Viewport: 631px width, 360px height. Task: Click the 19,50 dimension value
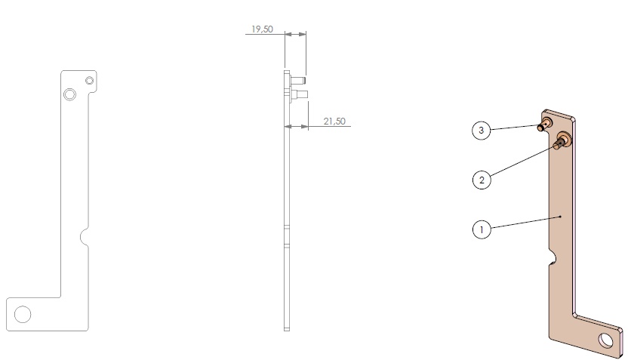[x=262, y=29]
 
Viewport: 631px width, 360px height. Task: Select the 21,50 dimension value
[x=334, y=121]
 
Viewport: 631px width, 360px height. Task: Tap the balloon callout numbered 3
[x=482, y=131]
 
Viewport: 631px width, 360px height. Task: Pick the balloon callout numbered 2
[x=482, y=180]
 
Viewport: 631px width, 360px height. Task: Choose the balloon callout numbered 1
[x=482, y=229]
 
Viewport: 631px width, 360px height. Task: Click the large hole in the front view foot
[x=23, y=314]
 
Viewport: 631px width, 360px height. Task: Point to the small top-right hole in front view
[x=89, y=81]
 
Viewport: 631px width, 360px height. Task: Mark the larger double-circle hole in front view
[x=69, y=94]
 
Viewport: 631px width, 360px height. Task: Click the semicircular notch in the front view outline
[x=85, y=236]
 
